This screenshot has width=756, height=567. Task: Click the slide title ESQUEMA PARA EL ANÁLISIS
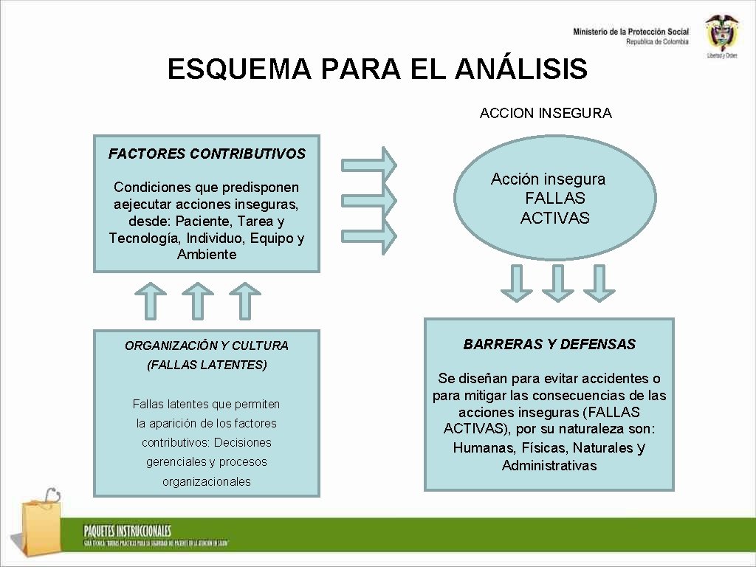coord(377,69)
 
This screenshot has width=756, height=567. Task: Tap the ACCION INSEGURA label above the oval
coord(546,113)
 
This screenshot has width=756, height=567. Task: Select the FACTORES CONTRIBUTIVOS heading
coord(207,154)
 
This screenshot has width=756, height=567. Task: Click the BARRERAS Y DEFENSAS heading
coord(549,344)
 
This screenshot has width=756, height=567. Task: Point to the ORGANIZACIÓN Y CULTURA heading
coord(207,346)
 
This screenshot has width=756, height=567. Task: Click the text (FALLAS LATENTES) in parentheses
coord(207,365)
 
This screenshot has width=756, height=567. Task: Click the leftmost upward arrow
coord(151,300)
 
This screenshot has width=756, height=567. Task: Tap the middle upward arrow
coord(197,300)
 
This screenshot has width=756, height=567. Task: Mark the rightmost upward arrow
coord(244,300)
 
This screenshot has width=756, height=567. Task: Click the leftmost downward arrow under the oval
coord(517,283)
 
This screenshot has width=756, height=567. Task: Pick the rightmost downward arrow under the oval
coord(599,283)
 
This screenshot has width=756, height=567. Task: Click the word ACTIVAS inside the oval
coord(555,218)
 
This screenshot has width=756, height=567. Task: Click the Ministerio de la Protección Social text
coord(630,32)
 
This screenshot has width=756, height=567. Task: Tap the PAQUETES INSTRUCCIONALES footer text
coord(127,531)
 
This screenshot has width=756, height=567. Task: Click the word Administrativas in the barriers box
coord(549,466)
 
